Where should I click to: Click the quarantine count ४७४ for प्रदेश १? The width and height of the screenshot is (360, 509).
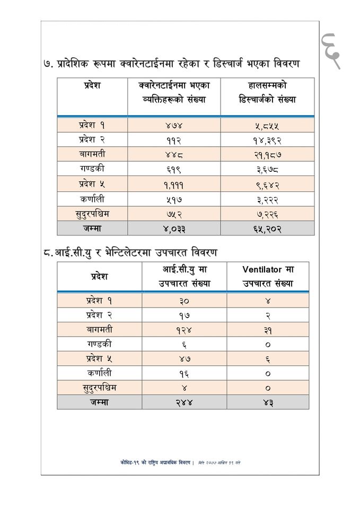(x=174, y=126)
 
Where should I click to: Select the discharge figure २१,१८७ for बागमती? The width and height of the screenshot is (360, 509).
(x=267, y=155)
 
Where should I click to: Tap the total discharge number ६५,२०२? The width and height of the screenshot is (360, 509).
(x=267, y=229)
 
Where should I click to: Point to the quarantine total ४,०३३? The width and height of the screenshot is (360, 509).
(x=174, y=229)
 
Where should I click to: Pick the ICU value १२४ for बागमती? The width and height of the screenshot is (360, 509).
(x=184, y=329)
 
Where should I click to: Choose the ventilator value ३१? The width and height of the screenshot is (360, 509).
(x=268, y=329)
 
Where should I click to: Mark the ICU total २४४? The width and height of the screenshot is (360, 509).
(x=184, y=402)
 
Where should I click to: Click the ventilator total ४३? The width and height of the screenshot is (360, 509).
(x=268, y=402)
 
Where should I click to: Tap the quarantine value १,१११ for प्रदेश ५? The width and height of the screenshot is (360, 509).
(x=174, y=185)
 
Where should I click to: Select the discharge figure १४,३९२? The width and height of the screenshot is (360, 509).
(x=267, y=141)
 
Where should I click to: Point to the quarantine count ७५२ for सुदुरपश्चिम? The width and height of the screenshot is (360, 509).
(x=174, y=214)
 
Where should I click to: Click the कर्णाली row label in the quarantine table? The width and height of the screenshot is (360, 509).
(x=92, y=199)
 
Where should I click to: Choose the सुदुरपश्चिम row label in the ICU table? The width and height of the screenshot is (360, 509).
(x=99, y=387)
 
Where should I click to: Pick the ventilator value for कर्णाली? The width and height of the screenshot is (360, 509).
(x=268, y=373)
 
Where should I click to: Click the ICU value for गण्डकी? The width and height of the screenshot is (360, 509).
(x=184, y=344)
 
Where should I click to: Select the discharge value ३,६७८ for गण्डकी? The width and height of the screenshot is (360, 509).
(x=267, y=170)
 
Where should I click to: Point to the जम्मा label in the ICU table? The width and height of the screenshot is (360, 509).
(x=99, y=402)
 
